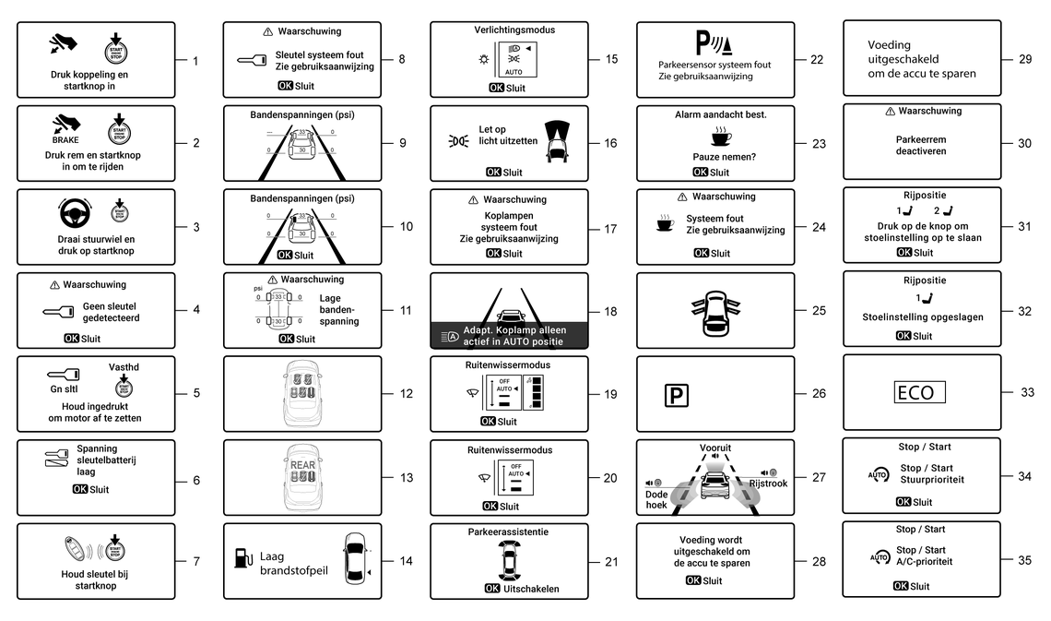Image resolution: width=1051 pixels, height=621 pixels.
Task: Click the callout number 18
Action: [x=610, y=311]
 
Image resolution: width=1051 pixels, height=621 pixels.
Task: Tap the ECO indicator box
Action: [x=920, y=392]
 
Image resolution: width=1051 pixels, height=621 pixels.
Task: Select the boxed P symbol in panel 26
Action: [x=676, y=394]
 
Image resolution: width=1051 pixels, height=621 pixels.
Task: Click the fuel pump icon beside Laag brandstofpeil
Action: [x=242, y=557]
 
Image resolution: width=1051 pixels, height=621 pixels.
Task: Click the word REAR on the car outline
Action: [x=302, y=466]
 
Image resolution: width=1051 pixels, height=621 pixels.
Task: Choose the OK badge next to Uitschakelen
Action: [x=492, y=589]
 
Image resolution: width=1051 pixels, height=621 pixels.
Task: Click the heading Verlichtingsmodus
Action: [x=509, y=30]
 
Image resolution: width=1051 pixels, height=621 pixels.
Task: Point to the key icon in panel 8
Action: [x=252, y=61]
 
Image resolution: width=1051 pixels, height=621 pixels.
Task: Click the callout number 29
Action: [x=1025, y=58]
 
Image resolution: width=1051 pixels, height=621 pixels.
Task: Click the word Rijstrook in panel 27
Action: [x=768, y=483]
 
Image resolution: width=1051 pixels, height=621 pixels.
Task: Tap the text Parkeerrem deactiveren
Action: [x=921, y=146]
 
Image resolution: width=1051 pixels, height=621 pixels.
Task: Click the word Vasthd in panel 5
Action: [x=123, y=365]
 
